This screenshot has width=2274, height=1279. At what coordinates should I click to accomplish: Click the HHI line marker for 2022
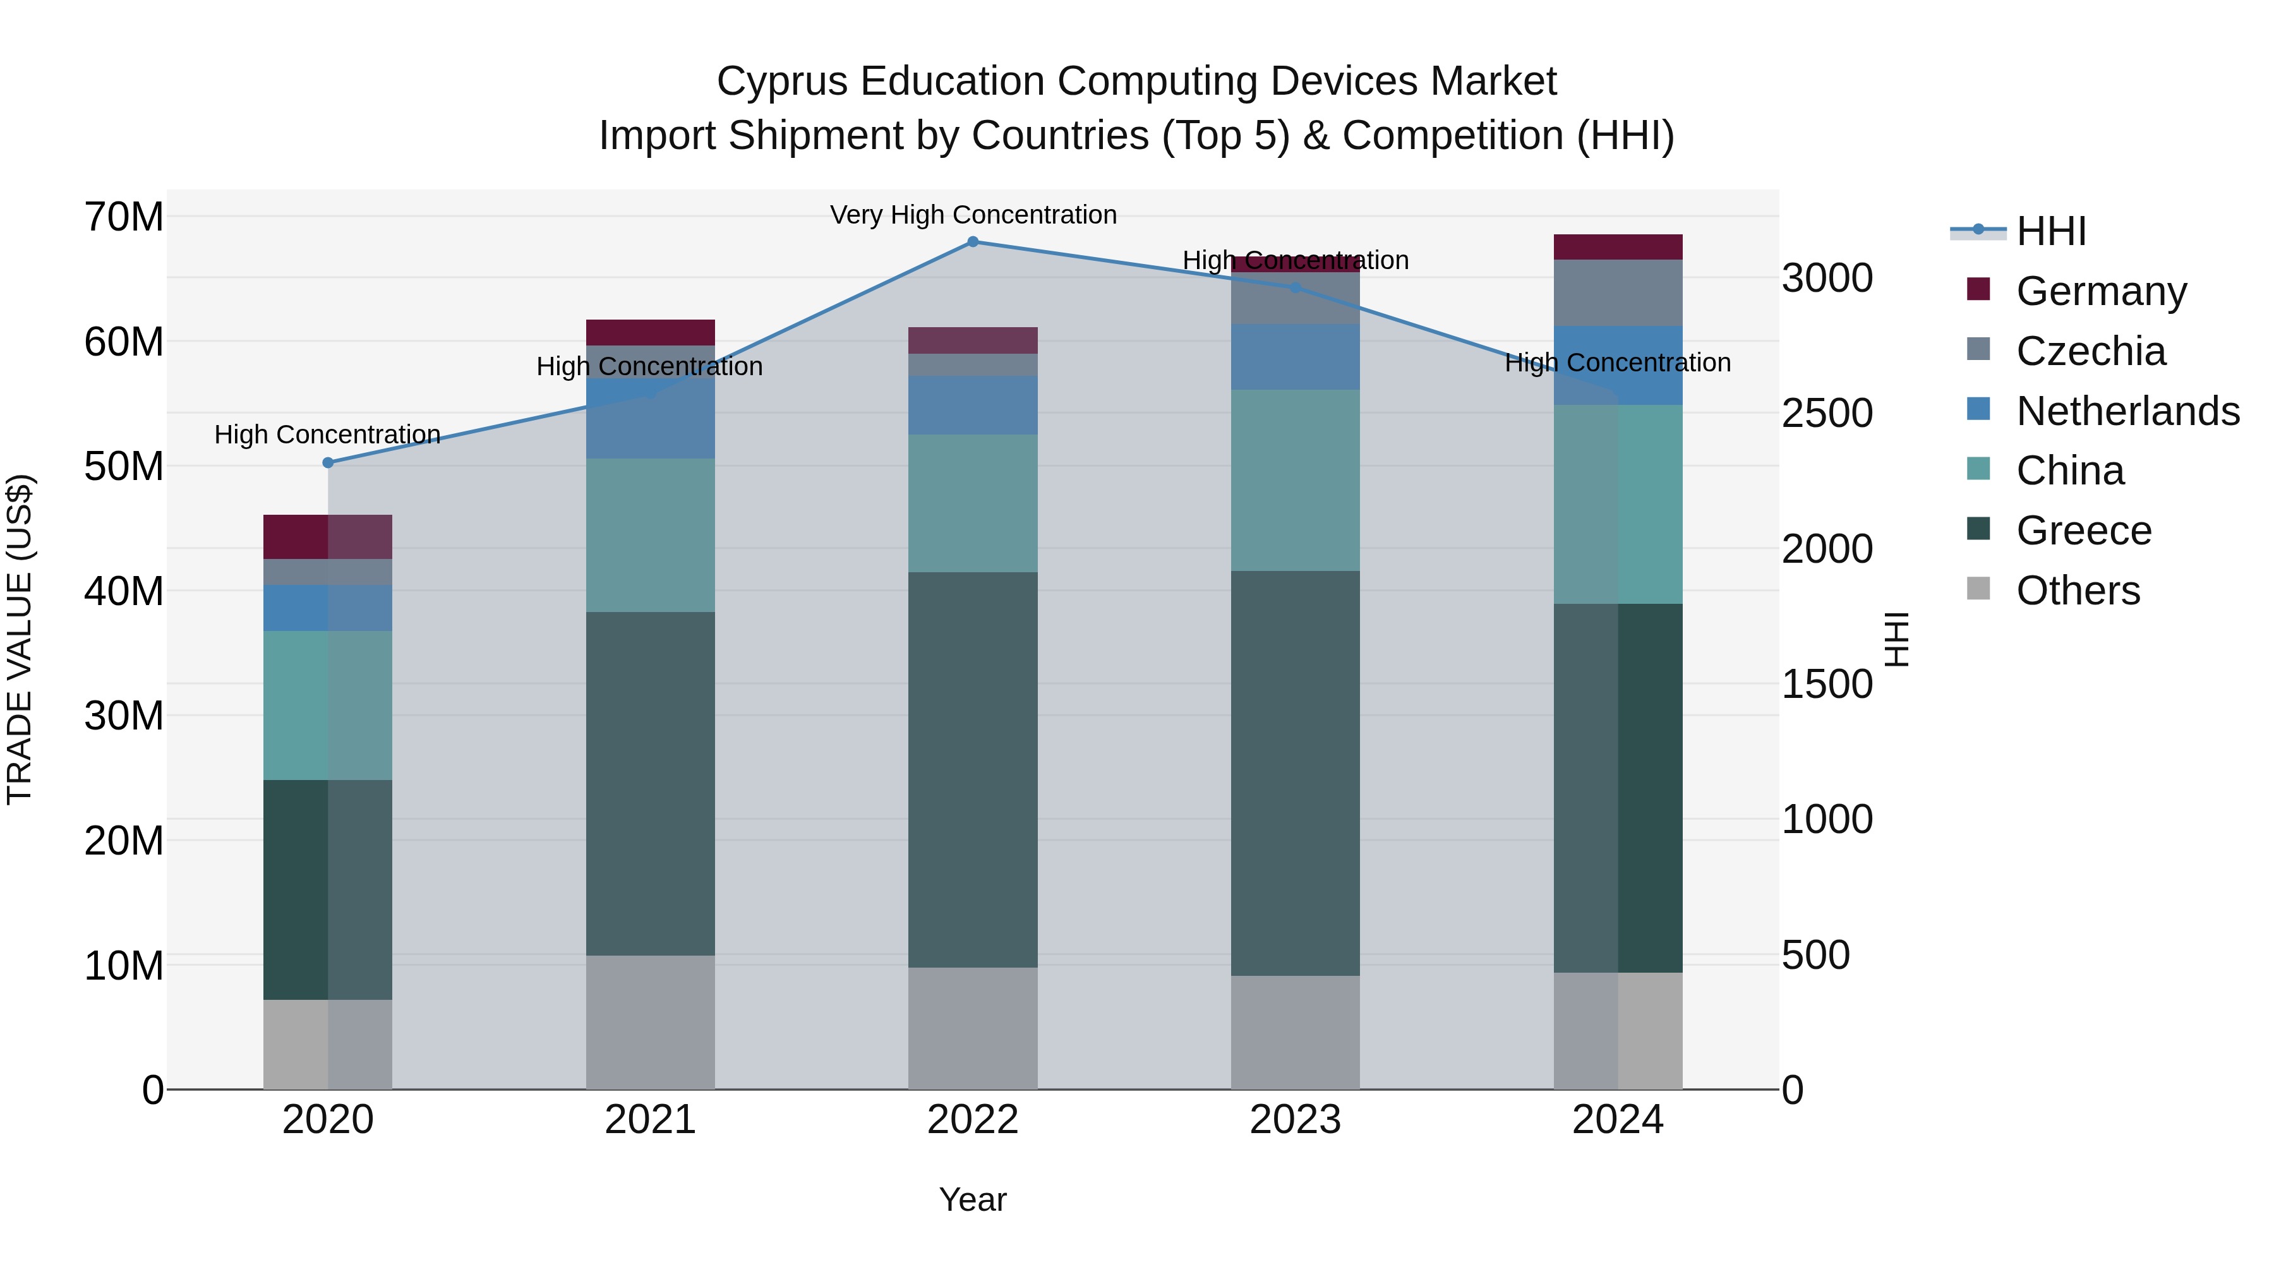[973, 241]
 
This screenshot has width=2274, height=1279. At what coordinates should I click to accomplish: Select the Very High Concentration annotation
[973, 215]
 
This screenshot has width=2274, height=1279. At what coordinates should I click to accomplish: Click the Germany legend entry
[2101, 291]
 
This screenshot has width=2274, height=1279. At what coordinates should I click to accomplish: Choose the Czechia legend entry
[2090, 351]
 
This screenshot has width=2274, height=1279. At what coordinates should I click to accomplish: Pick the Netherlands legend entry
[2127, 411]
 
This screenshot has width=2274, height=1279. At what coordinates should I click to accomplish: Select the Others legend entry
[2078, 591]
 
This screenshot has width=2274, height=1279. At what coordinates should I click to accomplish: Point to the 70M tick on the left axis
[124, 217]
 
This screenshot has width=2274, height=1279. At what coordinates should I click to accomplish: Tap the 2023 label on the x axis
[1295, 1120]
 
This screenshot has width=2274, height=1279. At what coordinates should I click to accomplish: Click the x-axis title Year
[973, 1199]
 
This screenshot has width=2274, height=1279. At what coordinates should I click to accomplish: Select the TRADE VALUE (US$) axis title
[20, 639]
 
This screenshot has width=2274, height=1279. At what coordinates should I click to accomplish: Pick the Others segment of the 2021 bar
[651, 1022]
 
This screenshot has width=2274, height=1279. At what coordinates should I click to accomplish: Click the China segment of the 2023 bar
[1295, 480]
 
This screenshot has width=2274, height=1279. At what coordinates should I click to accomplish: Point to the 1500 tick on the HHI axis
[1826, 684]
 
